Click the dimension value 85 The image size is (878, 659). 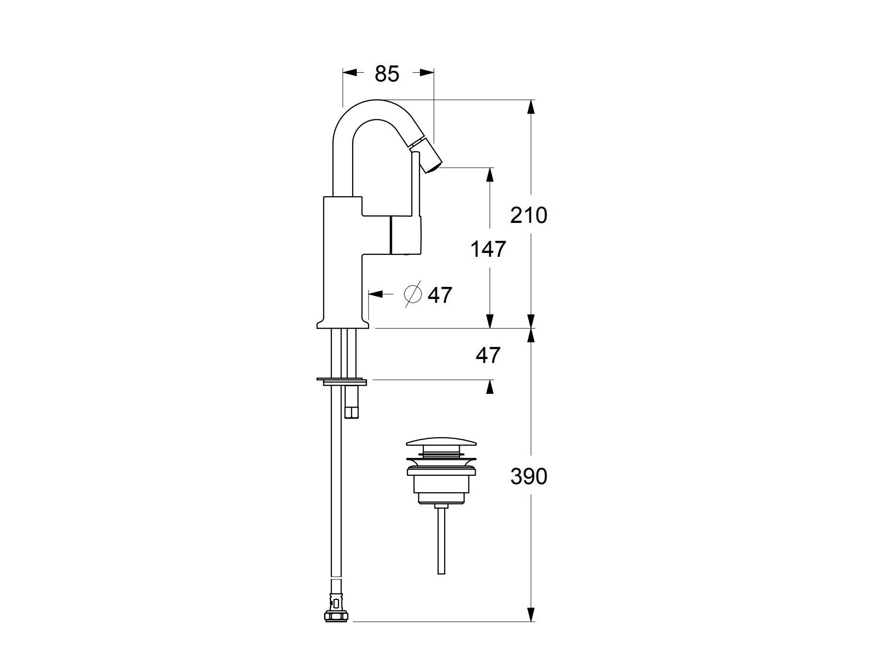[387, 74]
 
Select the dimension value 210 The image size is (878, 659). [528, 215]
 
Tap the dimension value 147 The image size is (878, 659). [488, 249]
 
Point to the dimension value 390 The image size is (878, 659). [528, 477]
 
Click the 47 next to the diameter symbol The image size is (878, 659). [440, 295]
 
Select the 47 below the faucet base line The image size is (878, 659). [488, 356]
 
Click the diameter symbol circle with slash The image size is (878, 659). [413, 294]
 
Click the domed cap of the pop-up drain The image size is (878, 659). [441, 442]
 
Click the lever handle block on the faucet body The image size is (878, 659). [405, 235]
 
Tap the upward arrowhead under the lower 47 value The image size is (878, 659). [490, 387]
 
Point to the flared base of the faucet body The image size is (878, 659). [342, 324]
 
